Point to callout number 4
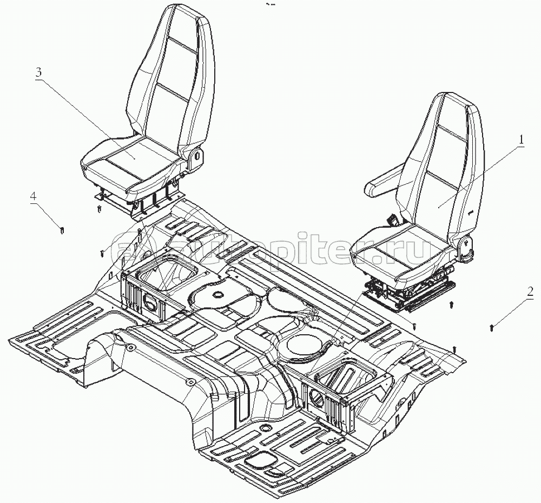[34, 197]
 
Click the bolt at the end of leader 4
[63, 231]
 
